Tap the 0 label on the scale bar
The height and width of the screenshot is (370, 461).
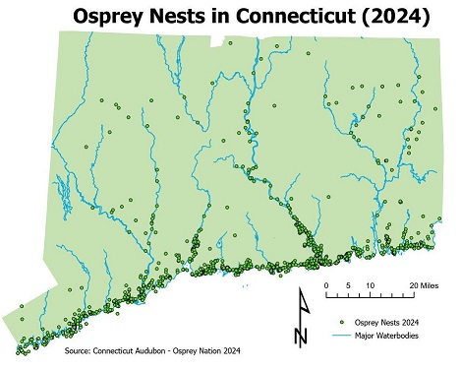(x=326, y=285)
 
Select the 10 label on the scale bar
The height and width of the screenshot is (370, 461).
(x=370, y=285)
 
